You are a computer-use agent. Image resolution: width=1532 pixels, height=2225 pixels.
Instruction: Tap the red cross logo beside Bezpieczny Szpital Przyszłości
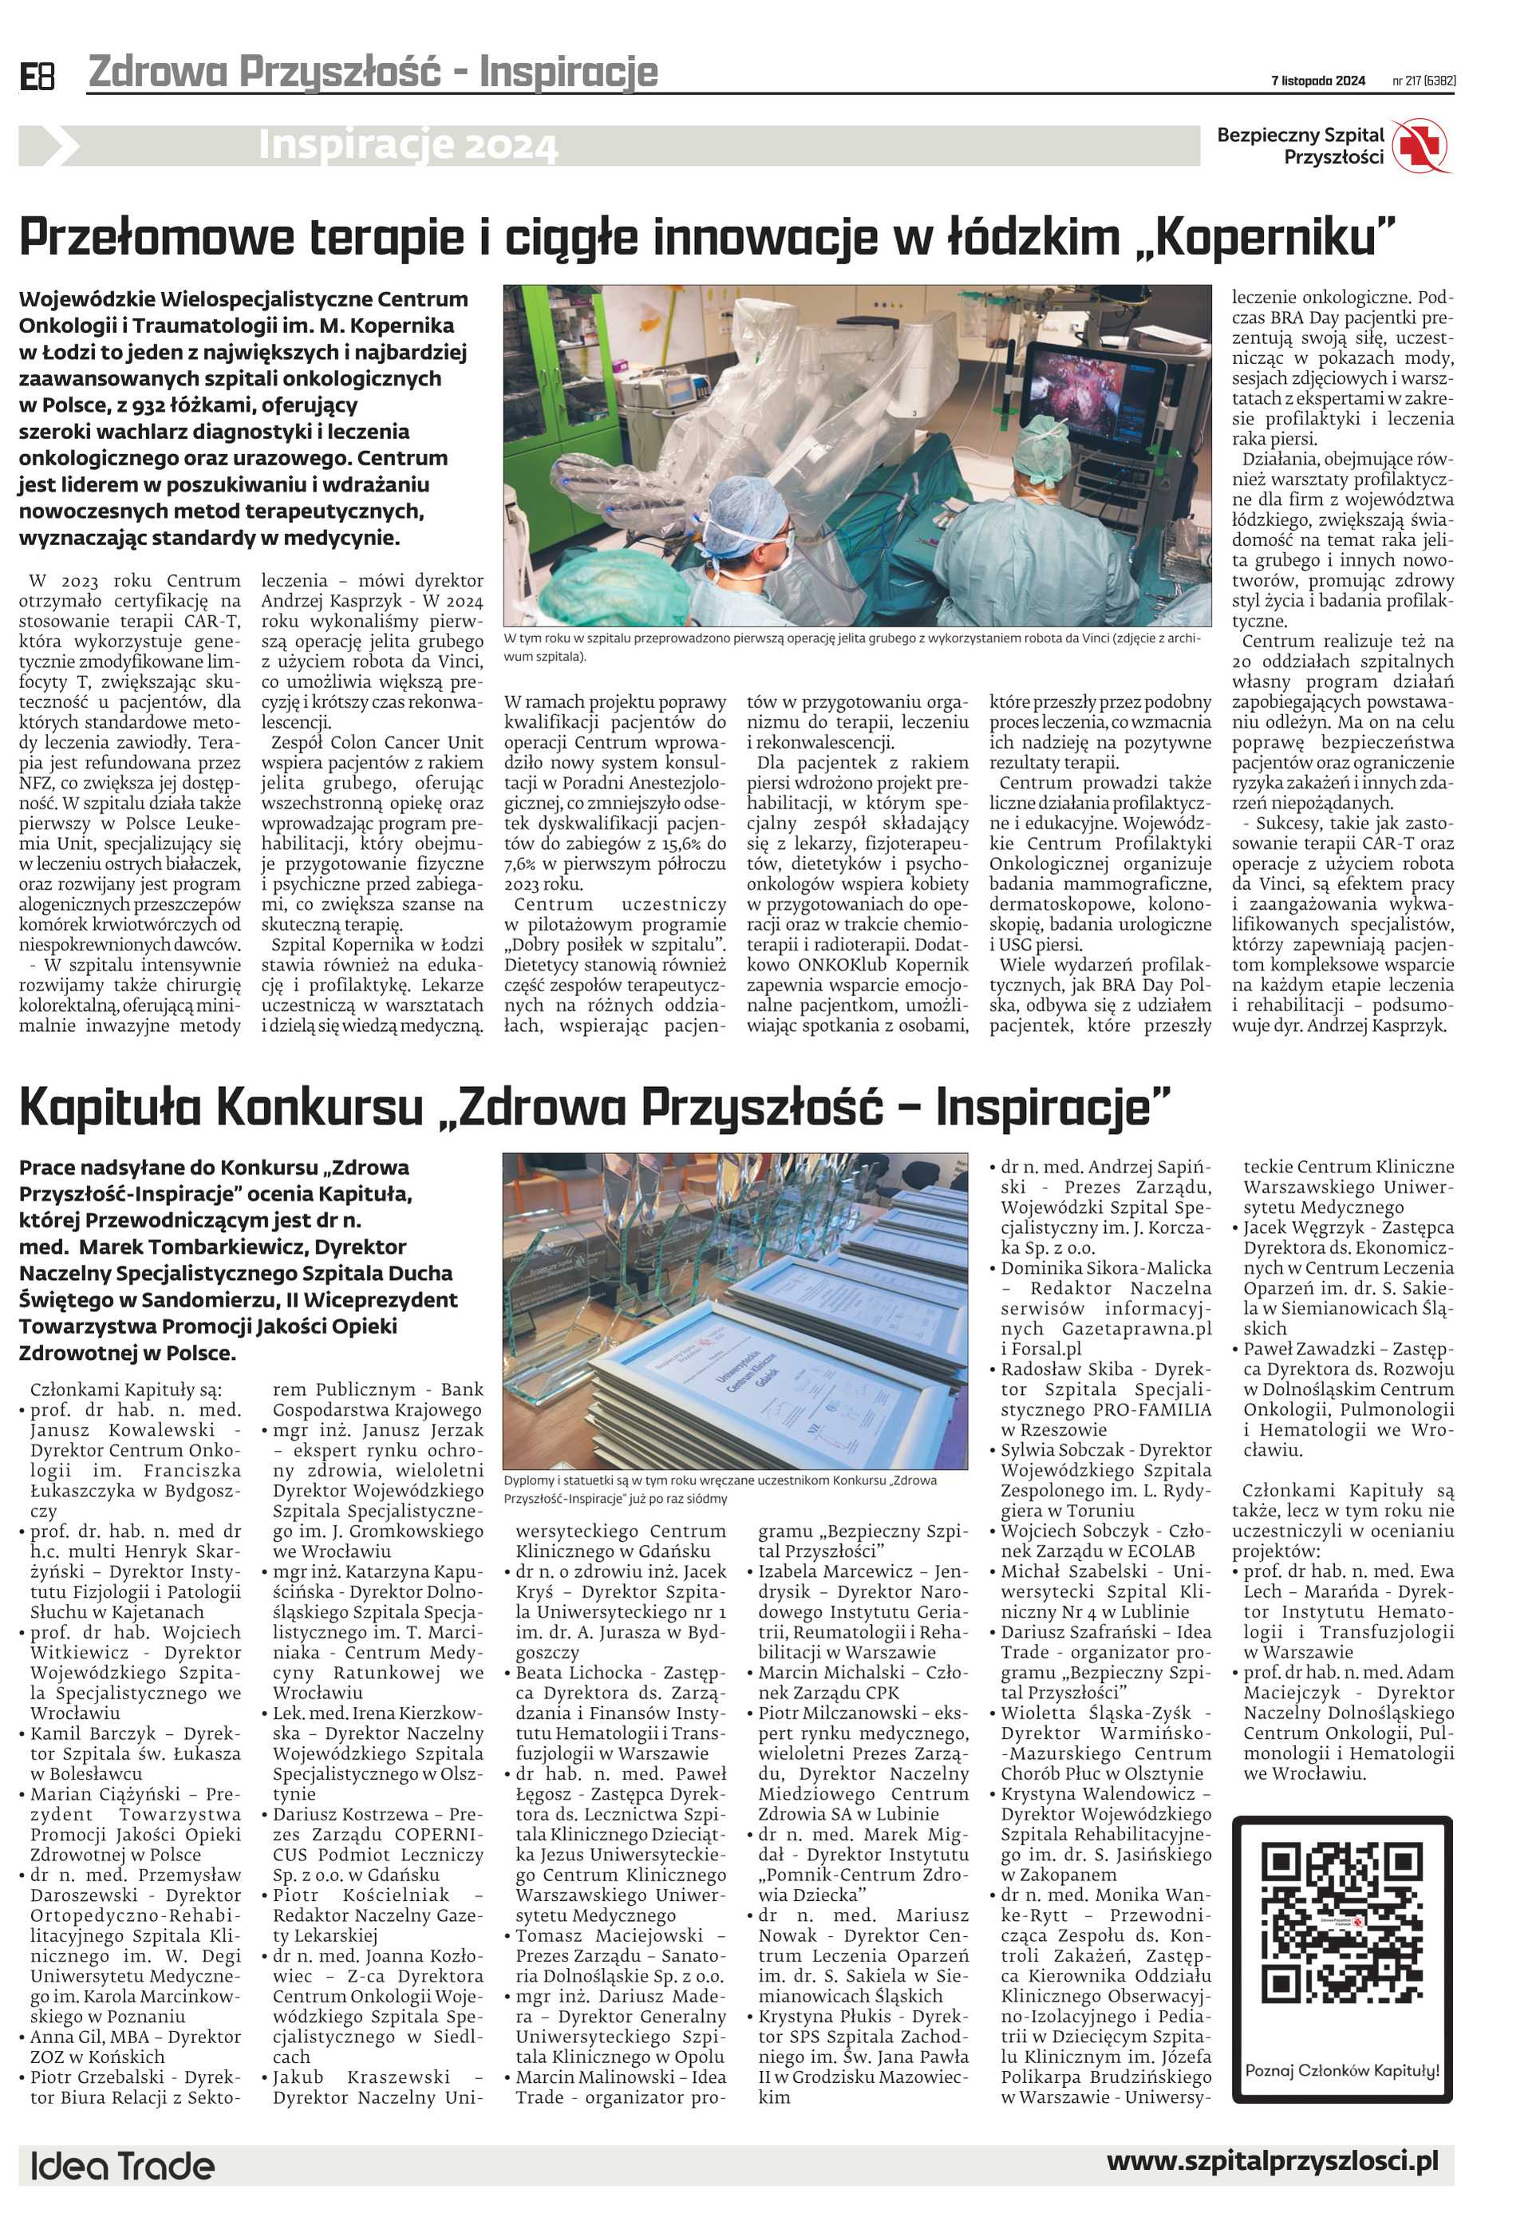(x=1423, y=147)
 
